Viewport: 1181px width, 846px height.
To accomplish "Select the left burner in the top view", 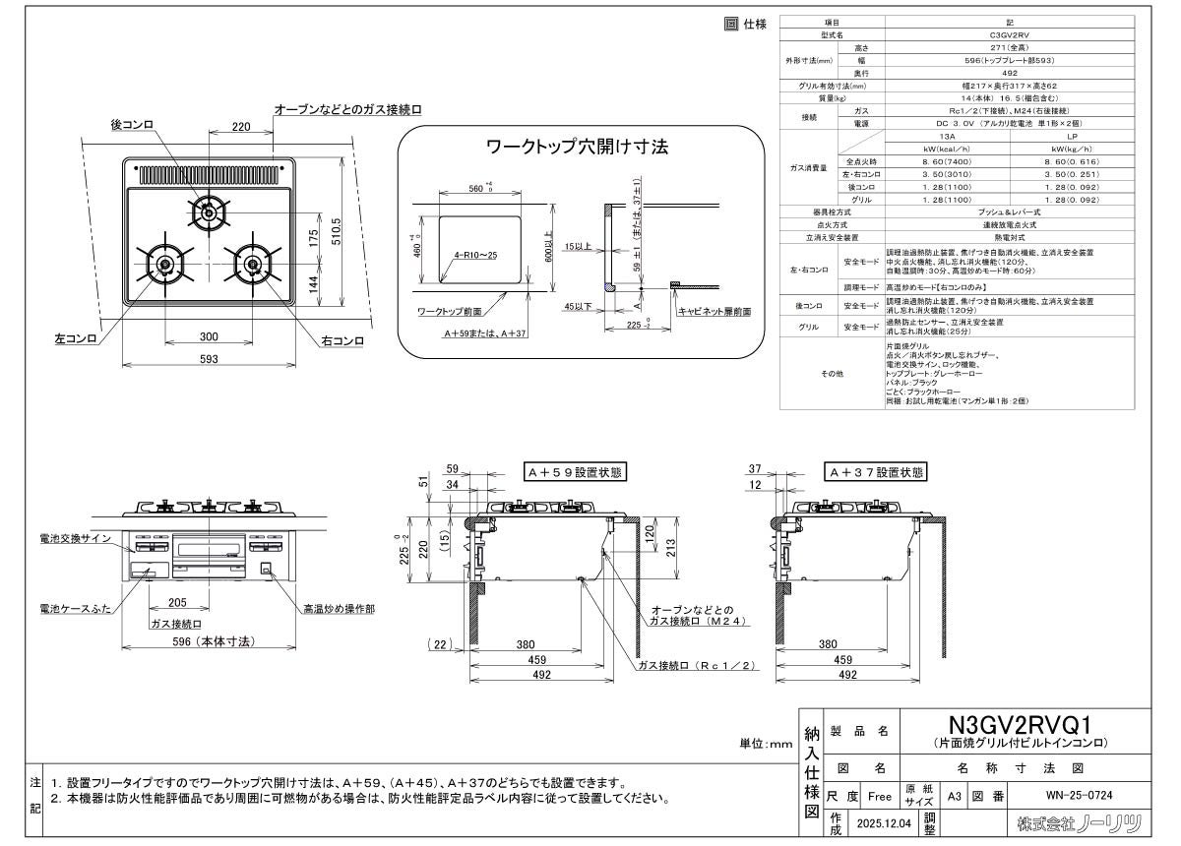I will click(163, 264).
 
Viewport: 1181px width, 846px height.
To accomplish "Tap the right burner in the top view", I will click(252, 264).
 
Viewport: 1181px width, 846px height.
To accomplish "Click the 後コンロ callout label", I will click(132, 124).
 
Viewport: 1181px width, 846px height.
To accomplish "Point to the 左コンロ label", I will click(75, 339).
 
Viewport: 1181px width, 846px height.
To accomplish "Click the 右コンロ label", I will click(342, 340).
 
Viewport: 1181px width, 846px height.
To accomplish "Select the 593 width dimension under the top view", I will click(208, 359).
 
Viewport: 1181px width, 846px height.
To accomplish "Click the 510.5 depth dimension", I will click(336, 231).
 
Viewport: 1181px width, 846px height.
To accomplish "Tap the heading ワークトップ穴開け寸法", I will click(579, 147).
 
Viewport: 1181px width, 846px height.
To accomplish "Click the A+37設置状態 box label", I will click(877, 472).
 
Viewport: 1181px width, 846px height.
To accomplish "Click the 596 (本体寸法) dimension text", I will click(209, 640).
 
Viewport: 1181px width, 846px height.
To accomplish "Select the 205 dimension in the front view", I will click(177, 602).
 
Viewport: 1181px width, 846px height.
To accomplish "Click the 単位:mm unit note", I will click(766, 745).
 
